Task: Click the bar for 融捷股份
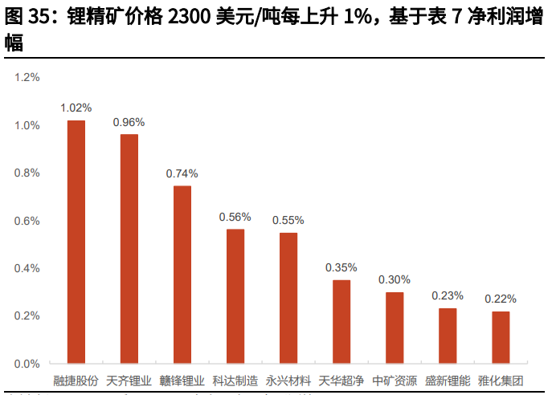click(76, 242)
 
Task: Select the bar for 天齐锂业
click(129, 249)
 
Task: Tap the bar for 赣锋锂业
click(182, 275)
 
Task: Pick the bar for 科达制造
click(235, 296)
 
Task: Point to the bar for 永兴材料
click(288, 298)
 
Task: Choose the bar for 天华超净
click(341, 321)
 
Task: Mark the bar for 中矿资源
click(395, 328)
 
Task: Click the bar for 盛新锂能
click(448, 336)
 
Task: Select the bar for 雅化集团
click(501, 337)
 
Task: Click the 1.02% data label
click(76, 108)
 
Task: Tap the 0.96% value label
click(129, 122)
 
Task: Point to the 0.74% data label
click(182, 173)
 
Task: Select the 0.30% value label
click(395, 279)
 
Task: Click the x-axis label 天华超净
click(341, 381)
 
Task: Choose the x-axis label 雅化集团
click(501, 381)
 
